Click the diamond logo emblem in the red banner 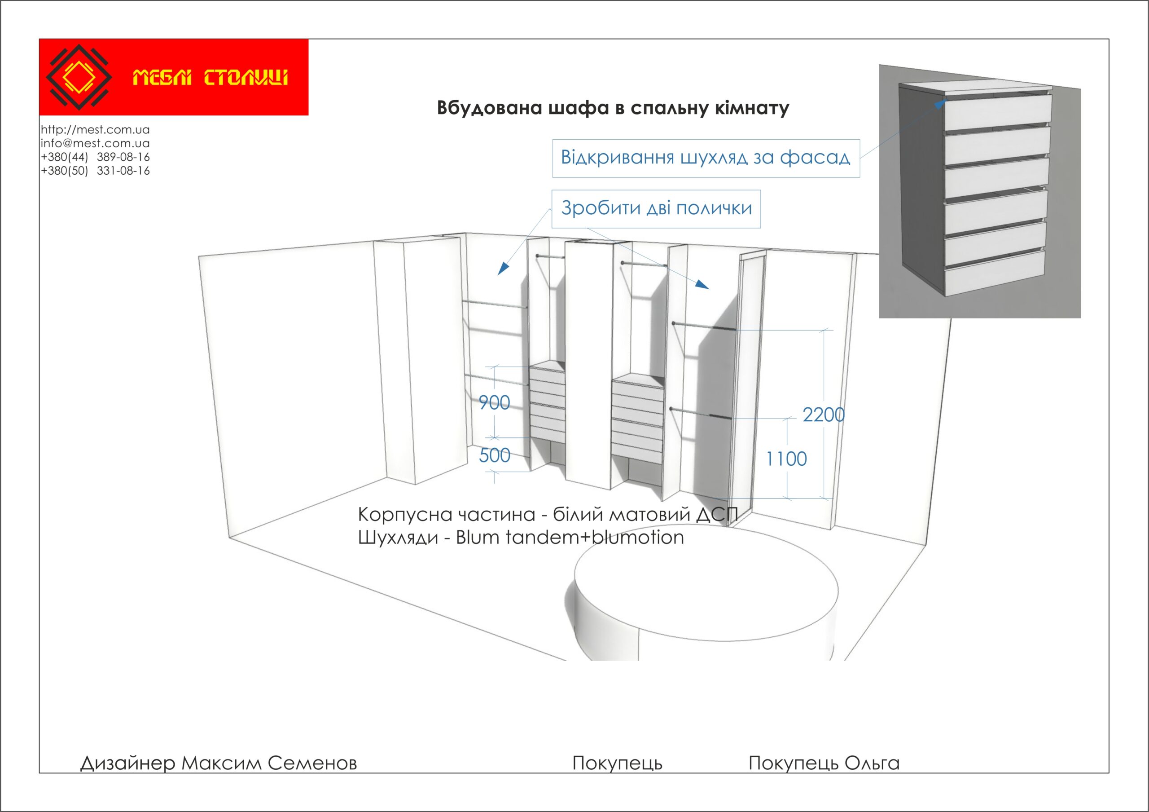(x=79, y=77)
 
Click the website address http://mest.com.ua (x=95, y=130)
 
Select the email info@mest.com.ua (x=95, y=143)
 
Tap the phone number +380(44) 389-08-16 (x=95, y=157)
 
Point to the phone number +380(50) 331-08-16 (x=95, y=171)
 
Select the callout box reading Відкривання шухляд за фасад (x=706, y=158)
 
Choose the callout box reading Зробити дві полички (x=656, y=209)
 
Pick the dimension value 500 (x=495, y=455)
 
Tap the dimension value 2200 (x=823, y=415)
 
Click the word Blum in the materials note (x=478, y=538)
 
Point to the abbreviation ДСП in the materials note (x=717, y=515)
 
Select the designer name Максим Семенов (x=269, y=763)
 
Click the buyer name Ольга (x=872, y=763)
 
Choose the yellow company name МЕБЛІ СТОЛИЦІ (x=210, y=78)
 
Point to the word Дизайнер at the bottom (x=127, y=763)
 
